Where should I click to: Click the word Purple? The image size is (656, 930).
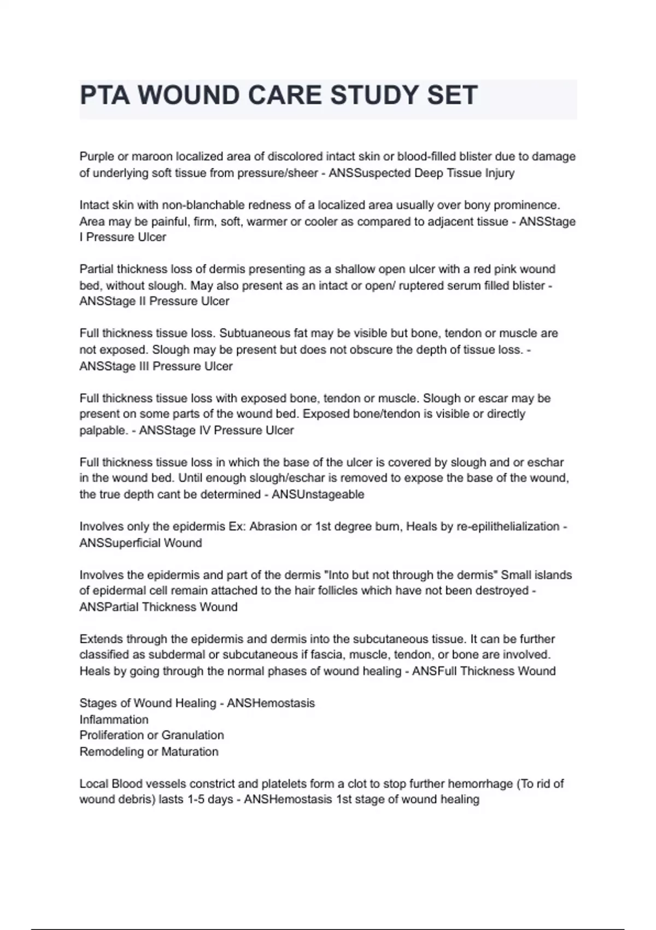97,156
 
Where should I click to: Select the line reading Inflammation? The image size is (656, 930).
114,719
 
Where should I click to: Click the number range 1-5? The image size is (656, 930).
196,799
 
